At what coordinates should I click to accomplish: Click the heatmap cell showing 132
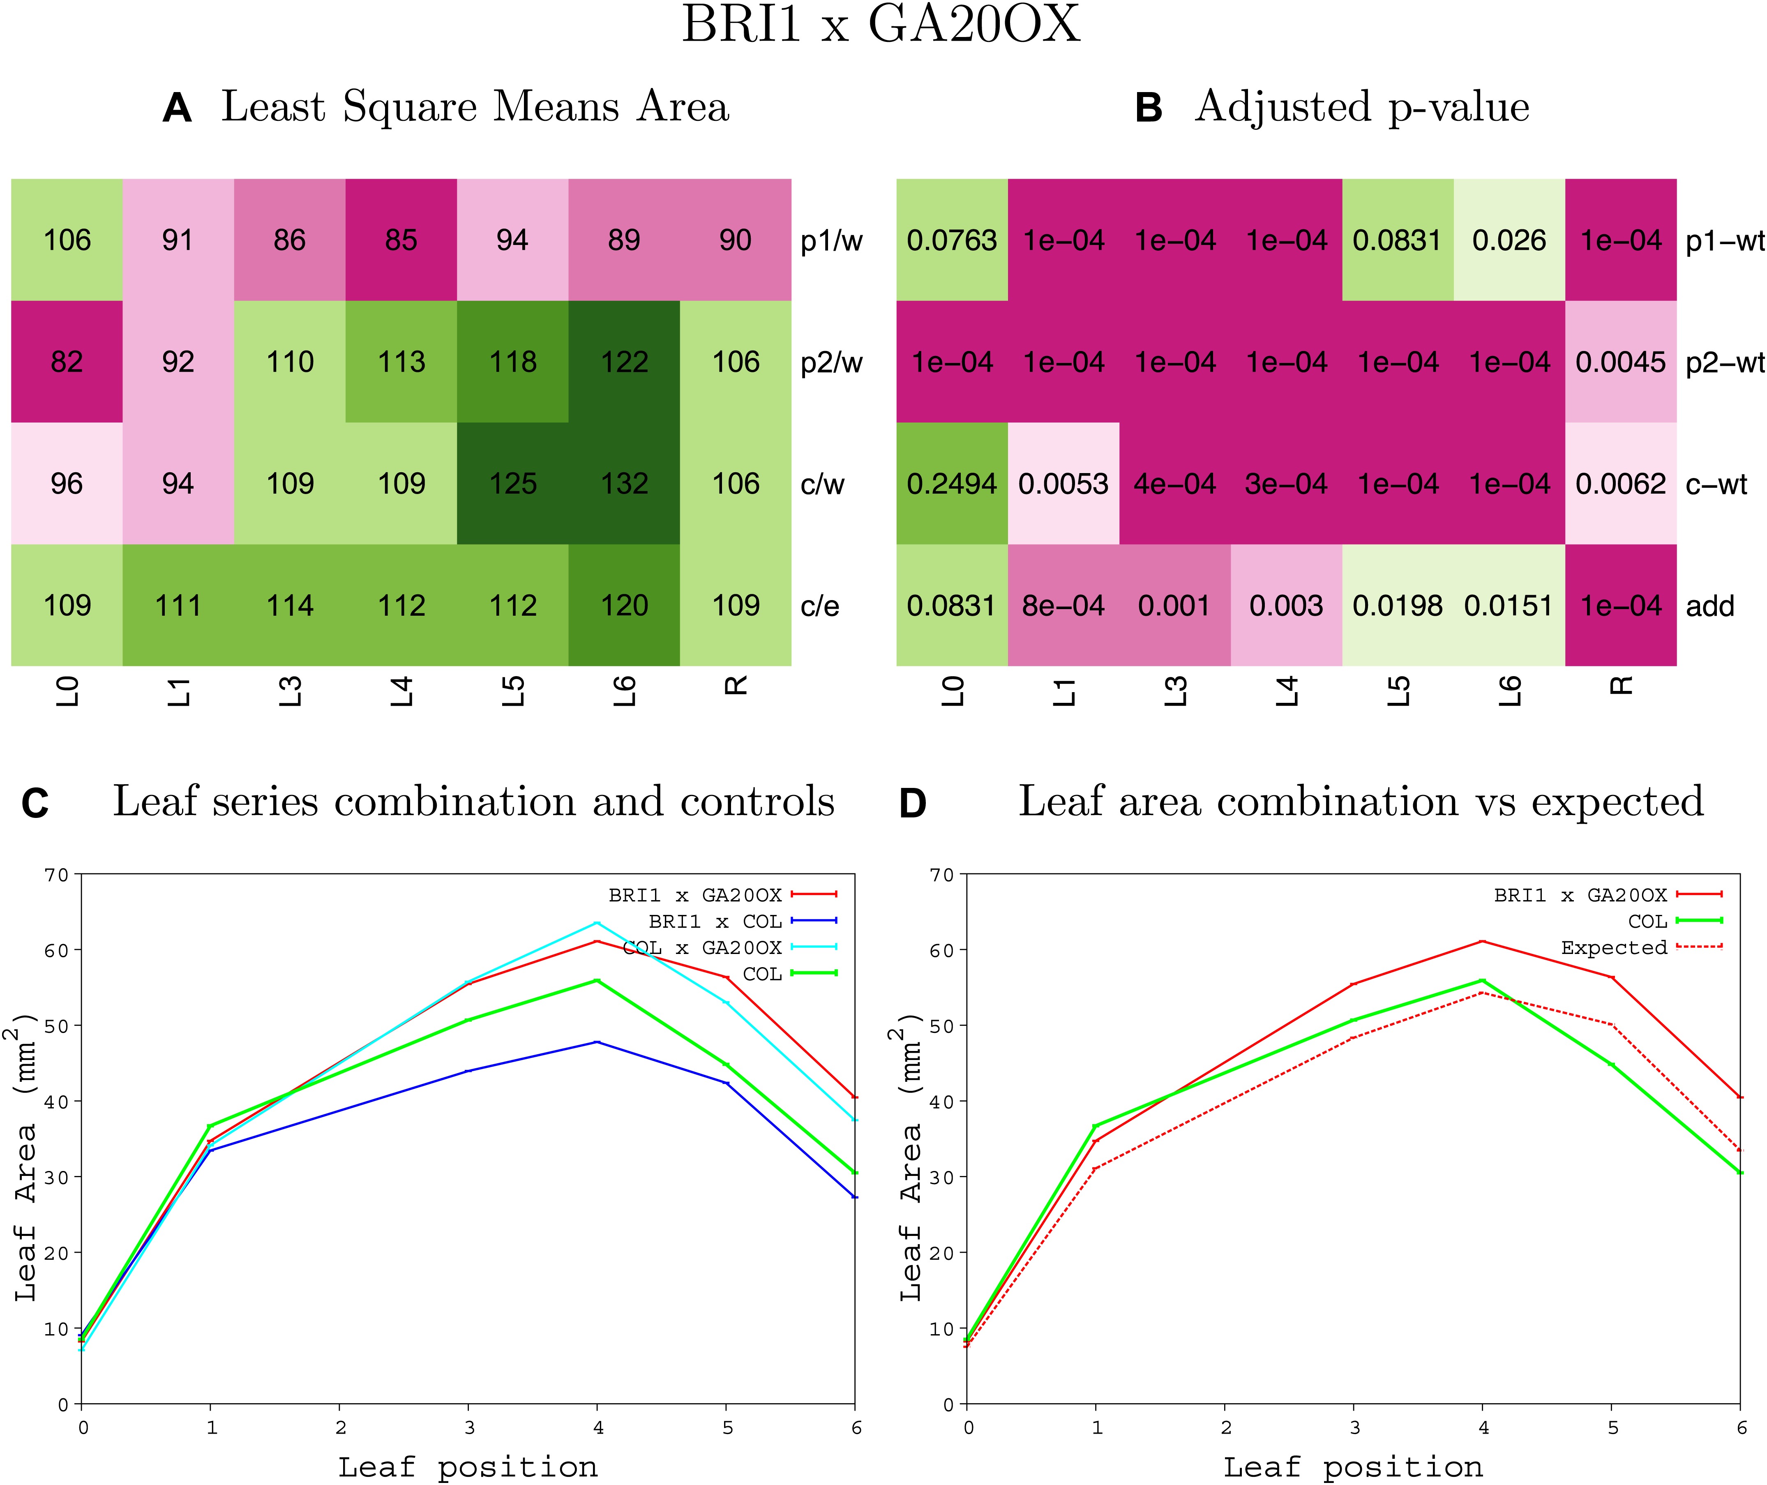pyautogui.click(x=623, y=483)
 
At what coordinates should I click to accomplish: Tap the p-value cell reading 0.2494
pyautogui.click(x=952, y=483)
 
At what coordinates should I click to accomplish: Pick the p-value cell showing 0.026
pyautogui.click(x=1509, y=240)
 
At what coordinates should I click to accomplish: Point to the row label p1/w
pyautogui.click(x=831, y=241)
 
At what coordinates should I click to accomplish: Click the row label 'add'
pyautogui.click(x=1710, y=606)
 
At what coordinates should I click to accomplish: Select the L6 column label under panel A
pyautogui.click(x=623, y=691)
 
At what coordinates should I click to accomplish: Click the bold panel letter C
pyautogui.click(x=35, y=803)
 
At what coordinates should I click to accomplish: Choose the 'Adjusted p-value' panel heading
pyautogui.click(x=1361, y=107)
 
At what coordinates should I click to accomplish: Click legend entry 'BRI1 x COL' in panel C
pyautogui.click(x=715, y=921)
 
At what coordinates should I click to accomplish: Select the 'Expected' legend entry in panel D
pyautogui.click(x=1614, y=947)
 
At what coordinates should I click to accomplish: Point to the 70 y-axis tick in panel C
pyautogui.click(x=57, y=875)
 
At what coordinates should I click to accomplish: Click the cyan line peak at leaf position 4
pyautogui.click(x=597, y=924)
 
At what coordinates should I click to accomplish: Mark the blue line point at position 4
pyautogui.click(x=597, y=1042)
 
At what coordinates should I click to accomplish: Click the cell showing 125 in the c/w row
pyautogui.click(x=512, y=483)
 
